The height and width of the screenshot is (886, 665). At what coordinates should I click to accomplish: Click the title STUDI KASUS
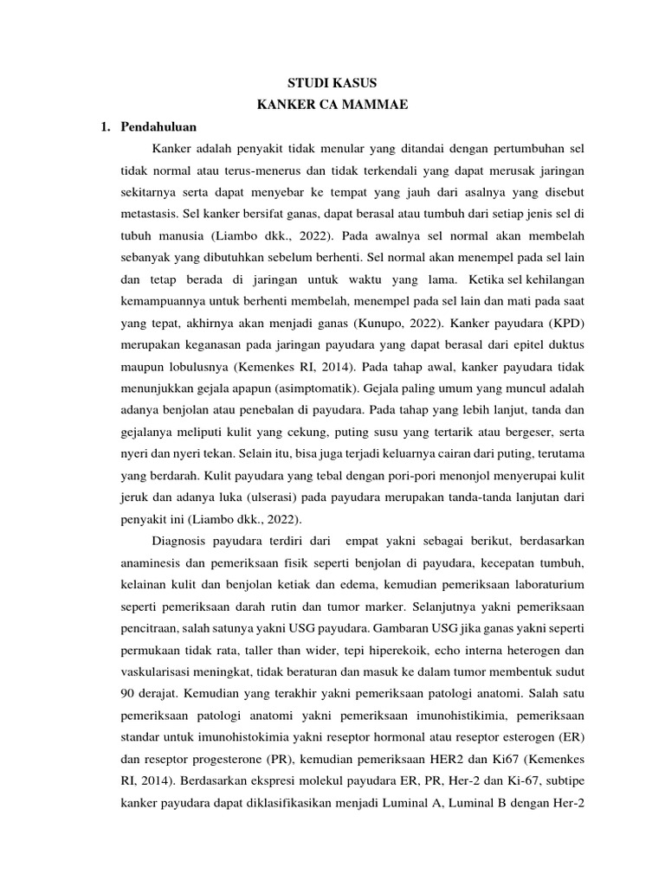(x=332, y=84)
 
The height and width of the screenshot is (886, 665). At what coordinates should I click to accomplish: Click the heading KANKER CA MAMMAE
(x=332, y=106)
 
